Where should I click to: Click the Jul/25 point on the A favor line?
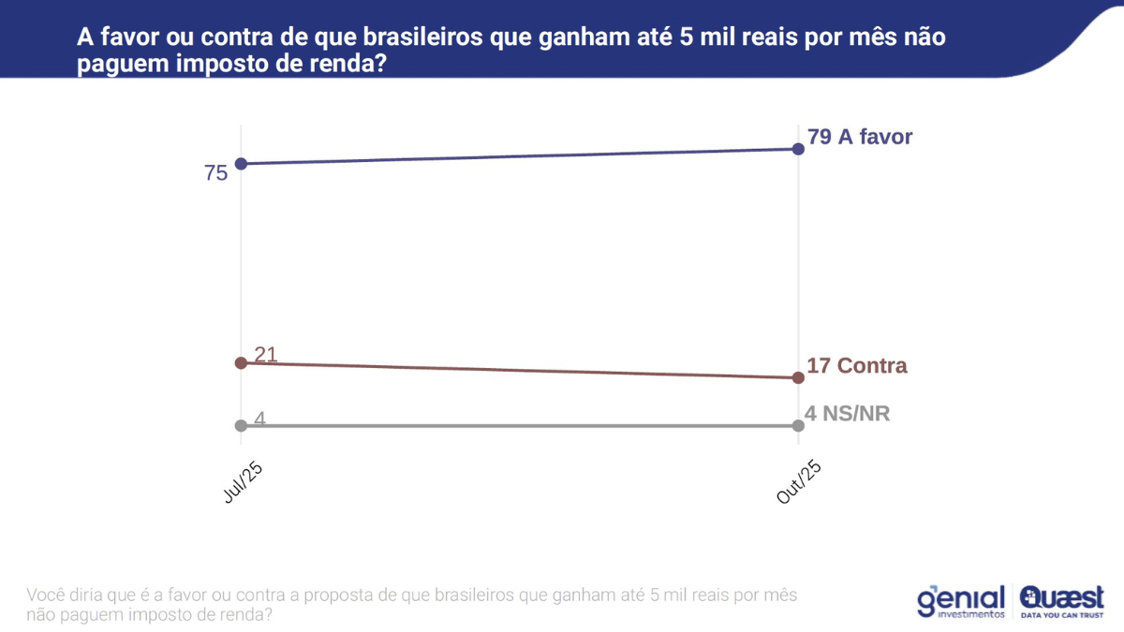[x=241, y=164]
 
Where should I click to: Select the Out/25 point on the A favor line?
[x=798, y=149]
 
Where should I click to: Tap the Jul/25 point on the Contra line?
[x=241, y=362]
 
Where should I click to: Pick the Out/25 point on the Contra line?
[x=798, y=377]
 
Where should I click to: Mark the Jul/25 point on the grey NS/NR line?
[x=241, y=425]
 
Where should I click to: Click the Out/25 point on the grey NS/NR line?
[x=798, y=425]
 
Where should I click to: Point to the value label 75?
[x=216, y=173]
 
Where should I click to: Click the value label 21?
[x=266, y=354]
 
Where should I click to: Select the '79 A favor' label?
[x=859, y=137]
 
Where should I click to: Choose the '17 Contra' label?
[x=856, y=365]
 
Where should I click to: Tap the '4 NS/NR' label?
[x=847, y=413]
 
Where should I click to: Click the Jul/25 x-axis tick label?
[x=243, y=483]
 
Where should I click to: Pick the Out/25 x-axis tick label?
[x=799, y=483]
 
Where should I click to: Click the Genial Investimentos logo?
[x=961, y=601]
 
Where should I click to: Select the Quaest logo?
[x=1061, y=601]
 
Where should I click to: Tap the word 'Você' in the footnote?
[x=46, y=595]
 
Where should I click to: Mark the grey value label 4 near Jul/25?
[x=259, y=418]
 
